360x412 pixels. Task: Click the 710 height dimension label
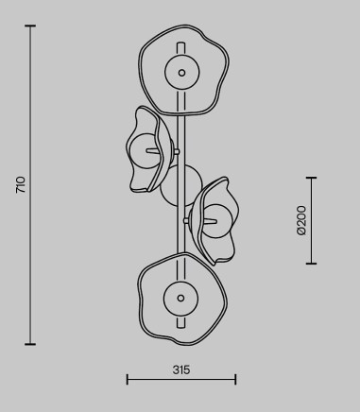(x=21, y=185)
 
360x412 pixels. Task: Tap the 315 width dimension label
(x=181, y=369)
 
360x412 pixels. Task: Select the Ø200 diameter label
(x=301, y=220)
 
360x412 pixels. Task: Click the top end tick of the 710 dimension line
(x=30, y=26)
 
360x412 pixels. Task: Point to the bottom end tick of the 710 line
(x=30, y=344)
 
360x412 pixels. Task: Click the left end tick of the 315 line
(x=128, y=379)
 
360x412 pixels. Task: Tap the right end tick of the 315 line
(x=235, y=379)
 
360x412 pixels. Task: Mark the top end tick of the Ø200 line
(x=311, y=178)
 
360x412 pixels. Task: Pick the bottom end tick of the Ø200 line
(x=311, y=264)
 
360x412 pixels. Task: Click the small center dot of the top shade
(x=181, y=73)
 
